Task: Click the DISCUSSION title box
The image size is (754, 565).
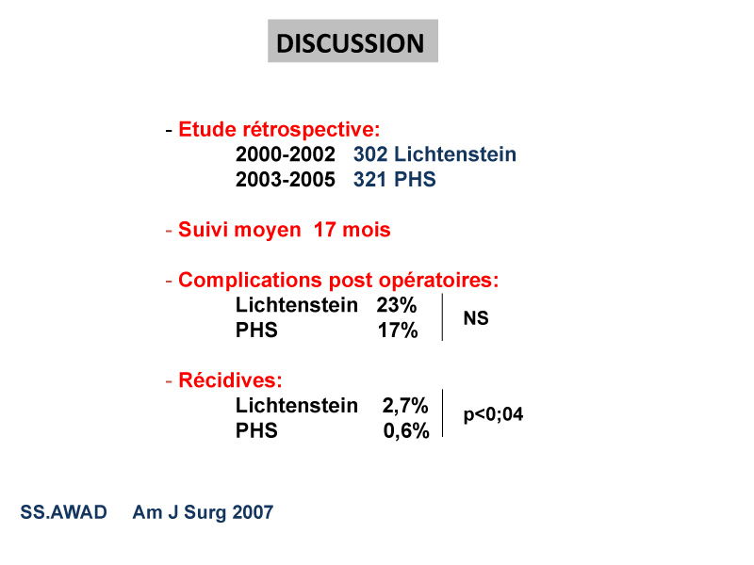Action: tap(352, 40)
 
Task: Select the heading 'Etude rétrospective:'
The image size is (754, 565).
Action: tap(279, 130)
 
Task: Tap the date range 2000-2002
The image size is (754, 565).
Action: tap(286, 154)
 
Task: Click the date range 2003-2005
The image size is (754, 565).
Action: tap(286, 180)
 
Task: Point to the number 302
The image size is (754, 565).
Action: tap(370, 154)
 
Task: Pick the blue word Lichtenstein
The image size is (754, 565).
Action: tap(455, 154)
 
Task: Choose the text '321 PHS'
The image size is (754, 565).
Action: tap(395, 180)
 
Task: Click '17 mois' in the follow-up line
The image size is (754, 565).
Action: tap(352, 230)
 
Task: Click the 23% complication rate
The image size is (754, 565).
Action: tap(397, 305)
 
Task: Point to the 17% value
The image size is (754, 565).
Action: tap(398, 331)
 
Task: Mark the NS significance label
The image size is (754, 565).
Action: tap(476, 318)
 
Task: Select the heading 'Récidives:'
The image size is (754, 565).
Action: tap(230, 380)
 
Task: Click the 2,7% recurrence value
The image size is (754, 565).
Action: tap(405, 406)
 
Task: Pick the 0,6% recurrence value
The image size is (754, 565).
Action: tap(406, 431)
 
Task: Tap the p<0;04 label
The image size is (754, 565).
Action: tap(493, 414)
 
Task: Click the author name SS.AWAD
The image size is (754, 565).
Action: tap(63, 512)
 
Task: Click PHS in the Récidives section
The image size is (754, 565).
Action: tap(256, 430)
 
